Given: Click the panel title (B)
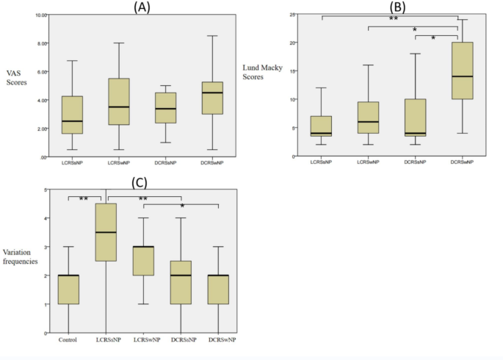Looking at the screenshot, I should [x=398, y=7].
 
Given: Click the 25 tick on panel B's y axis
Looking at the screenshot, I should [x=292, y=15].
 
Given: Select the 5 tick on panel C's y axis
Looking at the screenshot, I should [x=46, y=190].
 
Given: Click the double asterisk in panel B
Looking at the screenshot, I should [x=394, y=19].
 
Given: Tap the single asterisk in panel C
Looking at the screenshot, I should [x=182, y=208].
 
